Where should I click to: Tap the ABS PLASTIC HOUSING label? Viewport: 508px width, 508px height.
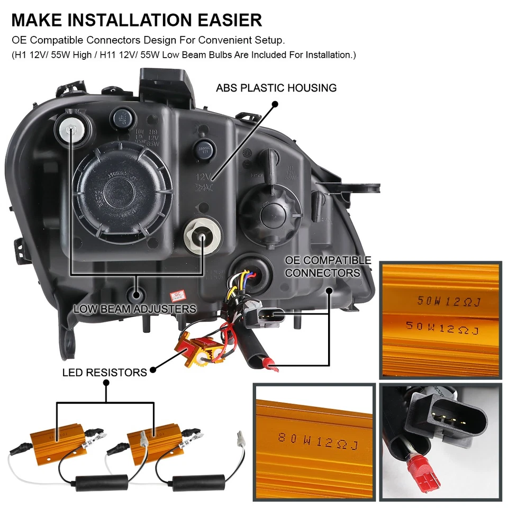(276, 88)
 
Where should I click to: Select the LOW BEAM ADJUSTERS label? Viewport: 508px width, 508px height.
(135, 309)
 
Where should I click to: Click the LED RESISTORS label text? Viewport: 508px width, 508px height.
(104, 373)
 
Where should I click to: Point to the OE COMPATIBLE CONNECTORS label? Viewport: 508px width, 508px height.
(328, 267)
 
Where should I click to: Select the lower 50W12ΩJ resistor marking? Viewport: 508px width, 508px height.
(442, 328)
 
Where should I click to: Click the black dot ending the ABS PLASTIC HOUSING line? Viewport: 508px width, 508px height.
(275, 105)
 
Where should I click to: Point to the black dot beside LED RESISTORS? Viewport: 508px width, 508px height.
(153, 370)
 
